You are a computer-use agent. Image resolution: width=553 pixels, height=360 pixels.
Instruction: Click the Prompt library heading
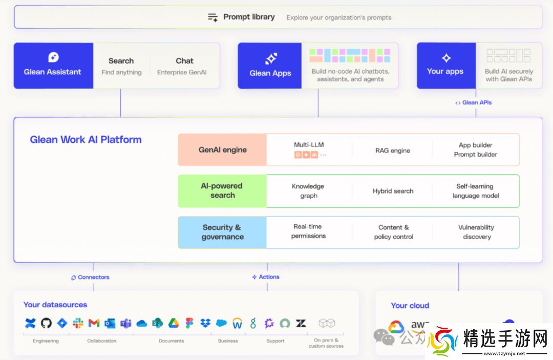pos(249,17)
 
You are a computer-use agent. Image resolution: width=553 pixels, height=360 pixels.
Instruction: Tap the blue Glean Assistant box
pos(53,66)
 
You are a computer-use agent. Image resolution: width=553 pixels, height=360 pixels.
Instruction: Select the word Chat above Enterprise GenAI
pos(184,60)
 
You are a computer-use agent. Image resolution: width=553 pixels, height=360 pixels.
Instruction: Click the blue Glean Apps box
pos(270,66)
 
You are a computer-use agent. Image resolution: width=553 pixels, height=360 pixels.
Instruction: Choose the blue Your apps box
pos(445,66)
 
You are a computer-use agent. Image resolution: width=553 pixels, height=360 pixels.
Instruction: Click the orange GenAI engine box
pos(223,150)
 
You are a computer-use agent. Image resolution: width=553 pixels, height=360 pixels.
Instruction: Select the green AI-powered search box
pos(223,190)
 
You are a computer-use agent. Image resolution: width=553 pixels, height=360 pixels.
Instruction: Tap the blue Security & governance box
pos(223,232)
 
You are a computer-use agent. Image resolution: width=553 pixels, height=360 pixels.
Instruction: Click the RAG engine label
pos(393,151)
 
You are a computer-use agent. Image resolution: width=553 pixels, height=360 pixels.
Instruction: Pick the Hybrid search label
pos(393,191)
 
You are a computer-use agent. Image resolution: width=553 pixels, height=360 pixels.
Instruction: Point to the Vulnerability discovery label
pos(476,232)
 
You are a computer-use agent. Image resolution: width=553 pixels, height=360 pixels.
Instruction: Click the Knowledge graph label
pos(308,191)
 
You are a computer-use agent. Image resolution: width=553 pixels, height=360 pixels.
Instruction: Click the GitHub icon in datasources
pos(46,323)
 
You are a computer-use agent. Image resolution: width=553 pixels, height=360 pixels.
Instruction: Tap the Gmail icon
pos(94,323)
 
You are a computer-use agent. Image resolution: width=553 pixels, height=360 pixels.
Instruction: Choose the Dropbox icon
pos(205,323)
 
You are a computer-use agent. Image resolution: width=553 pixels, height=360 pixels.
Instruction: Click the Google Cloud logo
pos(395,327)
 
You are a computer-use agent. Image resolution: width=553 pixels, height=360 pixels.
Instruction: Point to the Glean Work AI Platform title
pos(86,139)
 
